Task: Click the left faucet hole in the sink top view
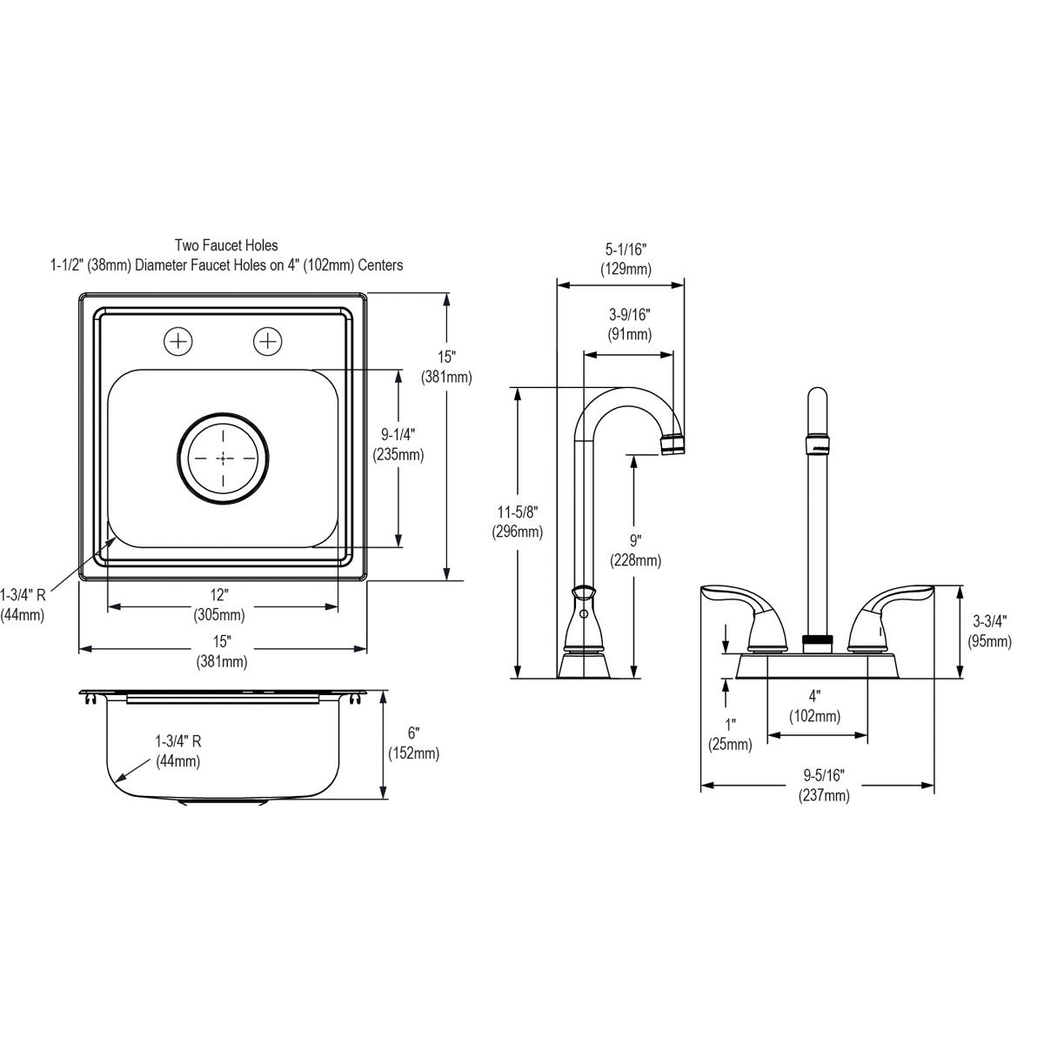coord(178,341)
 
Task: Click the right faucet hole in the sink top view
coord(267,341)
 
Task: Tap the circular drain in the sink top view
coord(224,457)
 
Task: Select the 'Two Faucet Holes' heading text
coord(226,246)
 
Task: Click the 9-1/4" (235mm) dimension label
coord(398,443)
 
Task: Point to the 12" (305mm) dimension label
coord(219,605)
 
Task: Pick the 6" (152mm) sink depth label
coord(413,744)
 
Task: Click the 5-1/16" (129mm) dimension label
coord(626,260)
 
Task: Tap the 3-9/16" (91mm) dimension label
coord(630,324)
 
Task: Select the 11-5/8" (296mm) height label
coord(517,522)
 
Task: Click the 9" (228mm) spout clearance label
coord(635,550)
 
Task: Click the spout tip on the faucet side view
coord(674,445)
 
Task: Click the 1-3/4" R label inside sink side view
coord(177,751)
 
